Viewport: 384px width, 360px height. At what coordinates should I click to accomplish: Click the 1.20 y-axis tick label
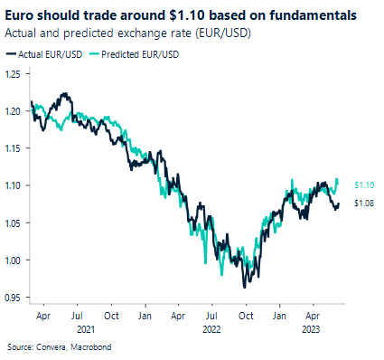coord(13,110)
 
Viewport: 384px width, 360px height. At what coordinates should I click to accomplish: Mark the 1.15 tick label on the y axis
coord(13,148)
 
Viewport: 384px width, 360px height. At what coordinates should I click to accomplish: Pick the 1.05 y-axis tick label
coord(13,223)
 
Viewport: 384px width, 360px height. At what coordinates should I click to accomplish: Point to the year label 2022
coord(211,330)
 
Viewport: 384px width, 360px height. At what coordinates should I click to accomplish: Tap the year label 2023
coord(310,330)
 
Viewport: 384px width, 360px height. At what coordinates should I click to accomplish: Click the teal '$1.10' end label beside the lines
coord(364,185)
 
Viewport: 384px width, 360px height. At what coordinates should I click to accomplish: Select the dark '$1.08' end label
coord(364,203)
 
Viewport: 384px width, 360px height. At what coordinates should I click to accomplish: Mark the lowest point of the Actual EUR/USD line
coord(242,288)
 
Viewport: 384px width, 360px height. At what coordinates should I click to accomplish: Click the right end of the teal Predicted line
coord(337,179)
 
